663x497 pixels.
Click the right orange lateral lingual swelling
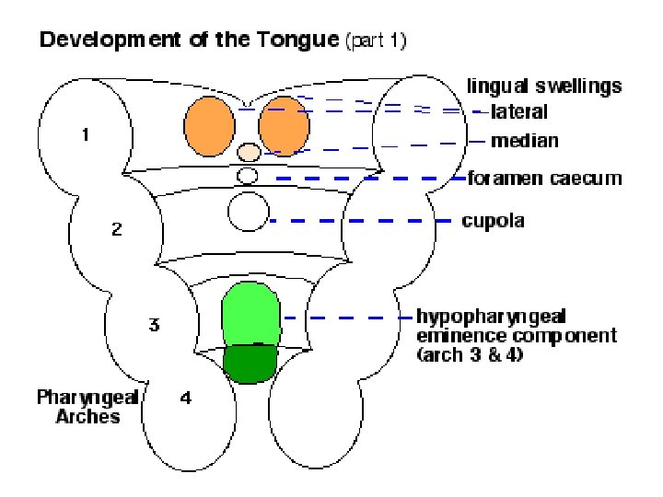284,126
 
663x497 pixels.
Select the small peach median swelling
250,151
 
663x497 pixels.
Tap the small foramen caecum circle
247,175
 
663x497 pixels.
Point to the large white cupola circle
248,213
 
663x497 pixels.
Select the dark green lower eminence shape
251,363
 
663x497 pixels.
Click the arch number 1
85,135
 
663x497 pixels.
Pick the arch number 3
154,324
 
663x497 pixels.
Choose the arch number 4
187,399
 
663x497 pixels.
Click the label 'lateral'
519,112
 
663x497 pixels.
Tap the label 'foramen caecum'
544,178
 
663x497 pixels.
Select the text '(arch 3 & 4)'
470,354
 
